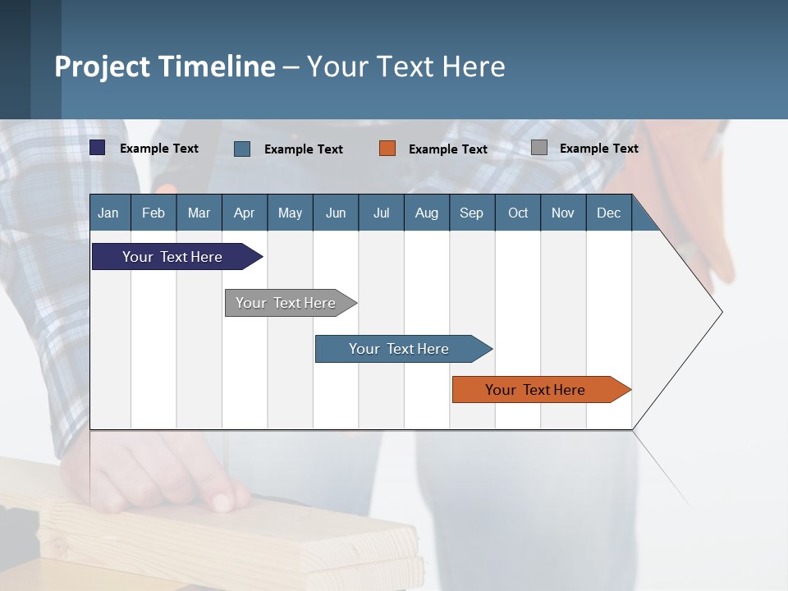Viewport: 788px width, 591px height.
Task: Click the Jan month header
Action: point(109,213)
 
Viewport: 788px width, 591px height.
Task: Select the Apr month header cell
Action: point(245,213)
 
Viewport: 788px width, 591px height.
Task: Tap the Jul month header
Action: point(381,213)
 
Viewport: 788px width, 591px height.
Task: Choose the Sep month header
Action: point(472,213)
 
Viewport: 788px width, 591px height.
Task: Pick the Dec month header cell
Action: point(608,213)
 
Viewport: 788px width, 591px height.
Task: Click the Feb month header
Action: point(153,213)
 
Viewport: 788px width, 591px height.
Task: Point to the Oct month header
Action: point(518,213)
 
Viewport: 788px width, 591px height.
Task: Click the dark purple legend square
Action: point(98,148)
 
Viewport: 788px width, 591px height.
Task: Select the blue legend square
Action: point(242,149)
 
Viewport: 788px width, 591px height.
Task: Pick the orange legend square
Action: point(387,148)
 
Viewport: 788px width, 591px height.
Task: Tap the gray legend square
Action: point(539,148)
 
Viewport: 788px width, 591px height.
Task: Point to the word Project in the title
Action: point(102,66)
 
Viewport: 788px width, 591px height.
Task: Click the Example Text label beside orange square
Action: point(448,149)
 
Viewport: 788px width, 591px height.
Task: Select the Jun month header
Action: point(336,213)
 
